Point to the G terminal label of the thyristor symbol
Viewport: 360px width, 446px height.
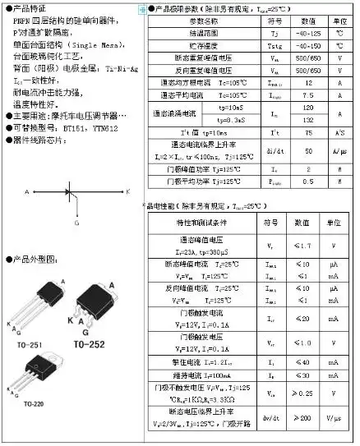pos(76,223)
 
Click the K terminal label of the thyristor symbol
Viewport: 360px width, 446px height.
pos(128,191)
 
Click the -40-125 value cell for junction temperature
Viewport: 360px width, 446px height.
pos(307,34)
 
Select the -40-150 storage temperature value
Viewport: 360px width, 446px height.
pos(307,46)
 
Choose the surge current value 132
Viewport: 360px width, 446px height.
pos(307,120)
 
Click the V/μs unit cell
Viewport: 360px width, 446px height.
pos(335,418)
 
